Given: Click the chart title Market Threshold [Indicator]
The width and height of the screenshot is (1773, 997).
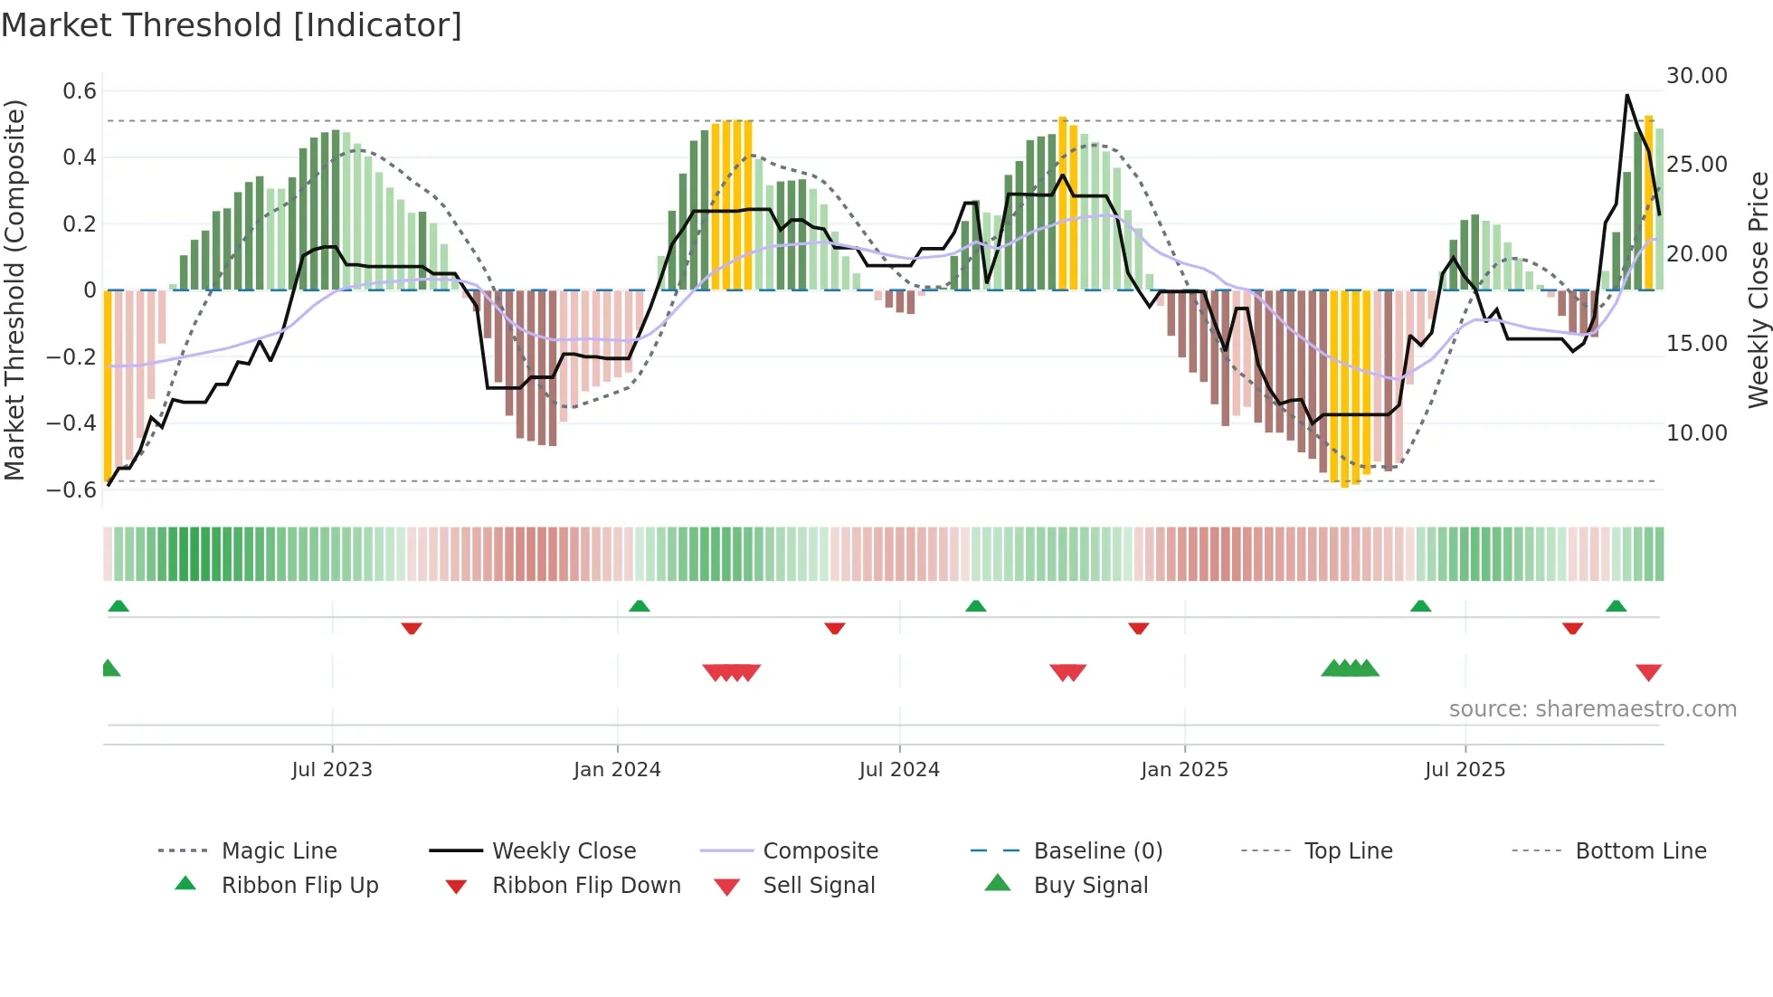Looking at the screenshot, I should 232,25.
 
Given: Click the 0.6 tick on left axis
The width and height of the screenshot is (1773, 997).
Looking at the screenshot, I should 80,91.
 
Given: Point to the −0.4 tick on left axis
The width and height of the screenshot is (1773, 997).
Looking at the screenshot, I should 71,423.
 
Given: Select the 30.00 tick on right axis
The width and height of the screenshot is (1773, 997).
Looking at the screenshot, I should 1696,76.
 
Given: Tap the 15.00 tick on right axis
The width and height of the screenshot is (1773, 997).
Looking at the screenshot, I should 1696,344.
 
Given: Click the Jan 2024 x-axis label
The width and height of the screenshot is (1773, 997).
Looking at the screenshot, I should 617,770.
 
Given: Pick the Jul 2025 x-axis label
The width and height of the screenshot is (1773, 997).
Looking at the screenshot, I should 1465,770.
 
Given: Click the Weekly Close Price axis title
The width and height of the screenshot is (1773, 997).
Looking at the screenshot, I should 1758,290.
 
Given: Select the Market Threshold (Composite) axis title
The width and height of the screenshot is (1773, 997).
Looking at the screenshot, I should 14,290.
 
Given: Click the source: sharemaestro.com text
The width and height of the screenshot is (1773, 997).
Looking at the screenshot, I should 1592,709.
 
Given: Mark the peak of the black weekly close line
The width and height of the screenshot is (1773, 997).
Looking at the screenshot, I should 1627,95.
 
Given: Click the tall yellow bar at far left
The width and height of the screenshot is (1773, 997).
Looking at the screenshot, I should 108,385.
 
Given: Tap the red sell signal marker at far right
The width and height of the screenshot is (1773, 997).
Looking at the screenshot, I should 1648,672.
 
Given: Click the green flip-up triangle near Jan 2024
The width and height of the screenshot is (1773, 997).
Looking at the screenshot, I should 640,606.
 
